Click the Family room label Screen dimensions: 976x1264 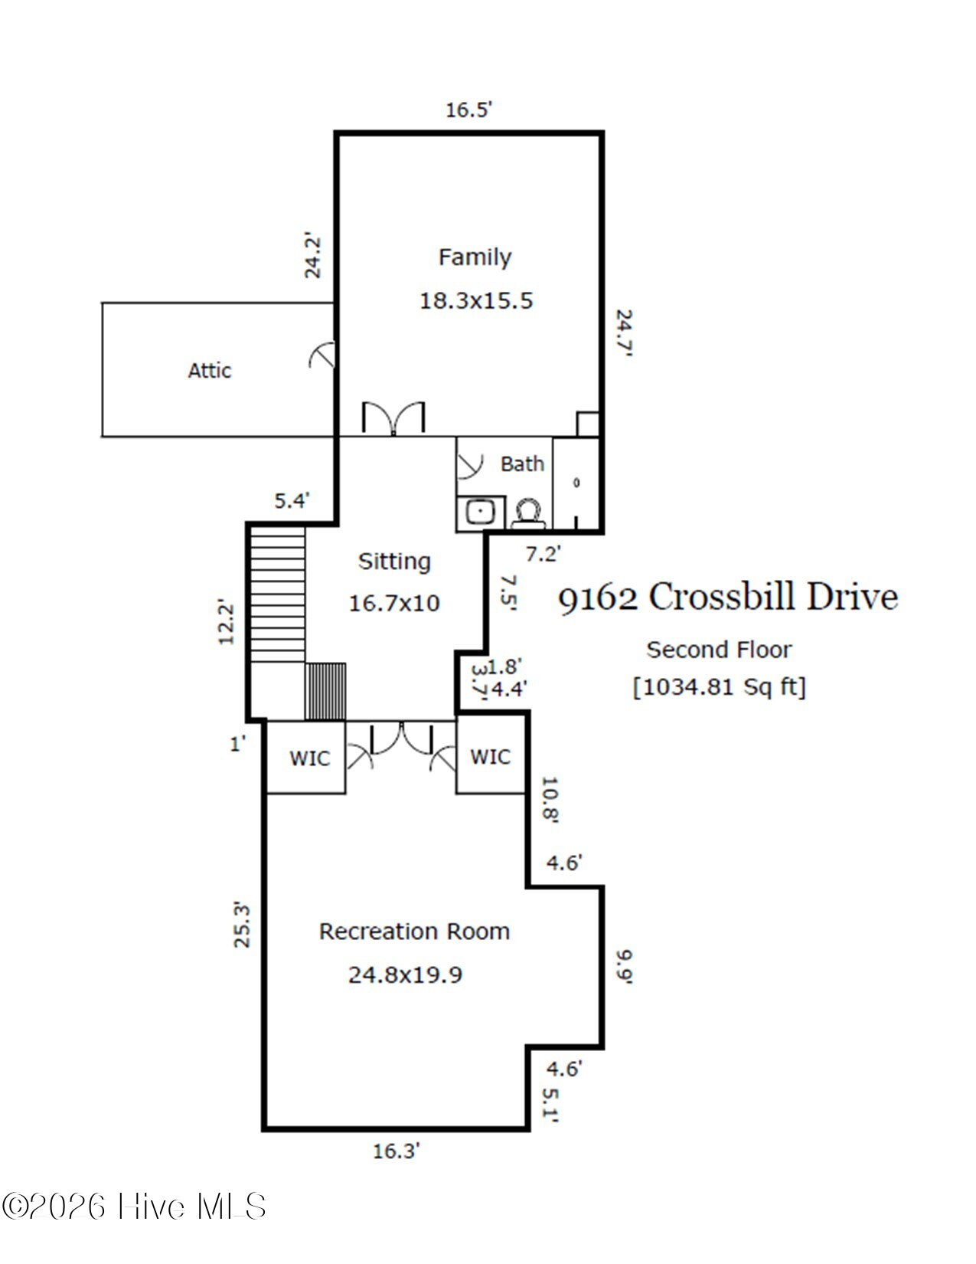[x=475, y=257]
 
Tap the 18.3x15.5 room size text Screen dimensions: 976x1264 [x=476, y=301]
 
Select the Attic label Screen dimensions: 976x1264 [x=209, y=371]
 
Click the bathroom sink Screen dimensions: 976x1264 [x=481, y=512]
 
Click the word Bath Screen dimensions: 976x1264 [x=522, y=463]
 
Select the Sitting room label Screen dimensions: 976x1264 [x=394, y=562]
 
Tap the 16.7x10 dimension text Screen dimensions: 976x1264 [x=394, y=603]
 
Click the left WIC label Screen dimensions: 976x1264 [x=309, y=758]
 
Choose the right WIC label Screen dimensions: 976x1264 [x=490, y=757]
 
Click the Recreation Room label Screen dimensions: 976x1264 [x=414, y=932]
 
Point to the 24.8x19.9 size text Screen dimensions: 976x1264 [x=405, y=974]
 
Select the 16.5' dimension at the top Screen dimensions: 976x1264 [x=468, y=110]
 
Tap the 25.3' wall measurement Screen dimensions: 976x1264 [x=241, y=925]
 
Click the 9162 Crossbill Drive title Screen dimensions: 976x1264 [x=728, y=598]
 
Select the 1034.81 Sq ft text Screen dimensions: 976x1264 [x=719, y=687]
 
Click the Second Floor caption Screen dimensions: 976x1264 [x=719, y=650]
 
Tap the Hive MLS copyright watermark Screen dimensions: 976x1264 [x=134, y=1207]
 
